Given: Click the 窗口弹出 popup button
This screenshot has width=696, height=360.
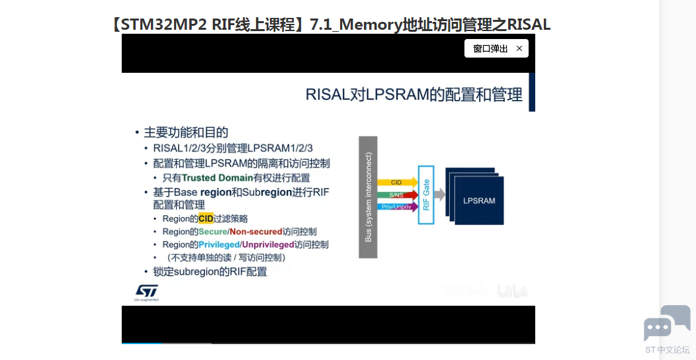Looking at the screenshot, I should pos(490,48).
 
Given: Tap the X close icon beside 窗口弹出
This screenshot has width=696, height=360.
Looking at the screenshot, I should pos(519,48).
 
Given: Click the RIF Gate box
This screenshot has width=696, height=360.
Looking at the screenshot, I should pos(426,195).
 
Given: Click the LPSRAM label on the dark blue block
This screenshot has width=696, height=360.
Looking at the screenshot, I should pos(479,201).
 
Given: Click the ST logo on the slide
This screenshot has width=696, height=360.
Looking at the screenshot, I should pos(146,292).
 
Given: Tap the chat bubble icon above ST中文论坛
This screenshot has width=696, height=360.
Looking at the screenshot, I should pos(667,324).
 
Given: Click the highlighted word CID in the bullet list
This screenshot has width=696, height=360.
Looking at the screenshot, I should pos(206,218).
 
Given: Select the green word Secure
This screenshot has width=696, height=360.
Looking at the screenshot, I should pos(213,232).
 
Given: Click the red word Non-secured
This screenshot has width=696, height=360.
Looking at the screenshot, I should pos(255,232).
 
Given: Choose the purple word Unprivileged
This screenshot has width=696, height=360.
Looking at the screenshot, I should pos(268,244).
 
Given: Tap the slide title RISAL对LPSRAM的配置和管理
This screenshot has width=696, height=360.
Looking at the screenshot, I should pos(413,95).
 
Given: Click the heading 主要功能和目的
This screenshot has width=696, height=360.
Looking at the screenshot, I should pos(186,132).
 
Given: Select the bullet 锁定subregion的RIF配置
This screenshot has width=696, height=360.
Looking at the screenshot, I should pos(210,272).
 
